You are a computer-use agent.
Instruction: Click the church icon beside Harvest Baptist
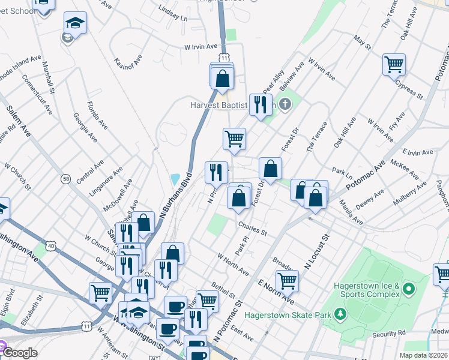tap(285, 104)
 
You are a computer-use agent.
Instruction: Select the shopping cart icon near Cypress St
tap(394, 64)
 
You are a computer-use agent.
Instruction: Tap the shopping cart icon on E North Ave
tap(287, 280)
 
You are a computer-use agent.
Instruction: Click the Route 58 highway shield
tap(65, 179)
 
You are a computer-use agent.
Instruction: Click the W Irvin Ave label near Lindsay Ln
tap(200, 46)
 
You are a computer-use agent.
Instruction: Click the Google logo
tap(19, 353)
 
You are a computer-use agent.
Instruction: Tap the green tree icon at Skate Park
tap(340, 313)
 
